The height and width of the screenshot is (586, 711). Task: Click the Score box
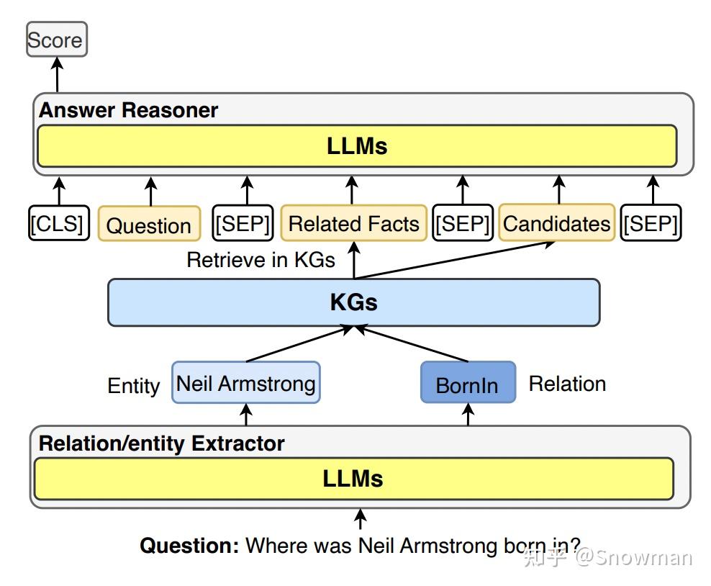[x=56, y=40]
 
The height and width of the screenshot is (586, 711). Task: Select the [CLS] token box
[x=57, y=224]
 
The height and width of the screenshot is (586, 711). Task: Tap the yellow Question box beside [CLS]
[x=149, y=225]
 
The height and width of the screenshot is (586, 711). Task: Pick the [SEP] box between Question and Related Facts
[x=244, y=224]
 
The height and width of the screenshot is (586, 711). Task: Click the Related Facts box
[x=353, y=223]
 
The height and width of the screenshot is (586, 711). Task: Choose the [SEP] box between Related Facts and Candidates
[x=462, y=224]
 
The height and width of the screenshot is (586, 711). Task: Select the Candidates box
[x=556, y=223]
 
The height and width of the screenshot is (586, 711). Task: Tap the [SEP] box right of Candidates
[x=651, y=224]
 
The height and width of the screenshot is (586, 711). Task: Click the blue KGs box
[x=353, y=302]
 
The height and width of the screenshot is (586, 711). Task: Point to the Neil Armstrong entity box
[x=246, y=382]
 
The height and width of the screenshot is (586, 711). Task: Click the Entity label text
[x=134, y=386]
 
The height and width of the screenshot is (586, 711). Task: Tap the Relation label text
[x=567, y=384]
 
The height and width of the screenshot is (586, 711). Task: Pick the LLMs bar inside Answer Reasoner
[x=357, y=145]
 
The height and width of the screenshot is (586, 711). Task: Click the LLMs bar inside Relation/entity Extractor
[x=353, y=479]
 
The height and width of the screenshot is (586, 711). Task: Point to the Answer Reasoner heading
[x=128, y=110]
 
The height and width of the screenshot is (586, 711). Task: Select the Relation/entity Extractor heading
[x=161, y=443]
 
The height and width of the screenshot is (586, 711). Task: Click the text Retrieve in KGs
[x=261, y=260]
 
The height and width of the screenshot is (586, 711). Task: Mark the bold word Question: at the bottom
[x=189, y=545]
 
